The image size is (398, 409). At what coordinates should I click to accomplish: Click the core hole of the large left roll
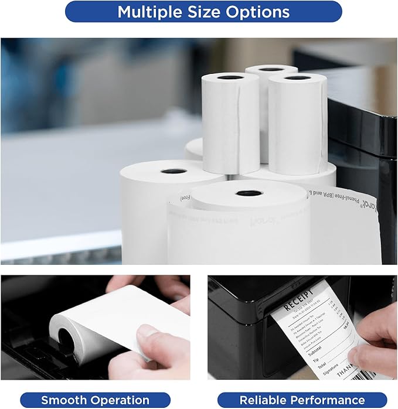(174, 171)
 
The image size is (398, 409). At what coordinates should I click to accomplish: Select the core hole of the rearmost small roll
(271, 69)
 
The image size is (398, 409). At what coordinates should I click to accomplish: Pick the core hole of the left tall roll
(230, 77)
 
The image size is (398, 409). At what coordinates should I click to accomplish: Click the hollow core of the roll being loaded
(66, 339)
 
